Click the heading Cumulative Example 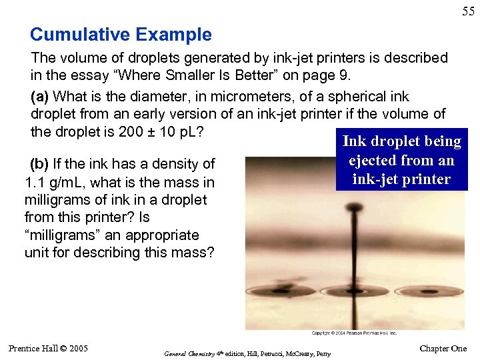[x=121, y=35]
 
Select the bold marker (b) [x=42, y=164]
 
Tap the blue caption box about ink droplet [x=401, y=160]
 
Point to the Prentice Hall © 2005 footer [x=48, y=348]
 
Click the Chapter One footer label [x=443, y=349]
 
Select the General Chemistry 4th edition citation [x=247, y=353]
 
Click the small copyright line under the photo [x=354, y=333]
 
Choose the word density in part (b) [x=175, y=164]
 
